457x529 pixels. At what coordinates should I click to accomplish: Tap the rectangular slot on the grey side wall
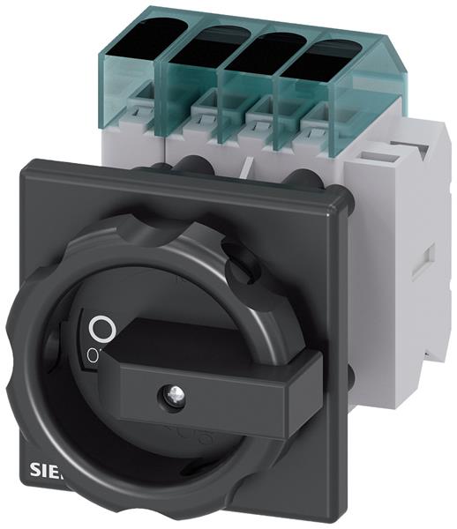tap(429, 259)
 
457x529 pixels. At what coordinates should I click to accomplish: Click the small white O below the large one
tap(92, 354)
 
